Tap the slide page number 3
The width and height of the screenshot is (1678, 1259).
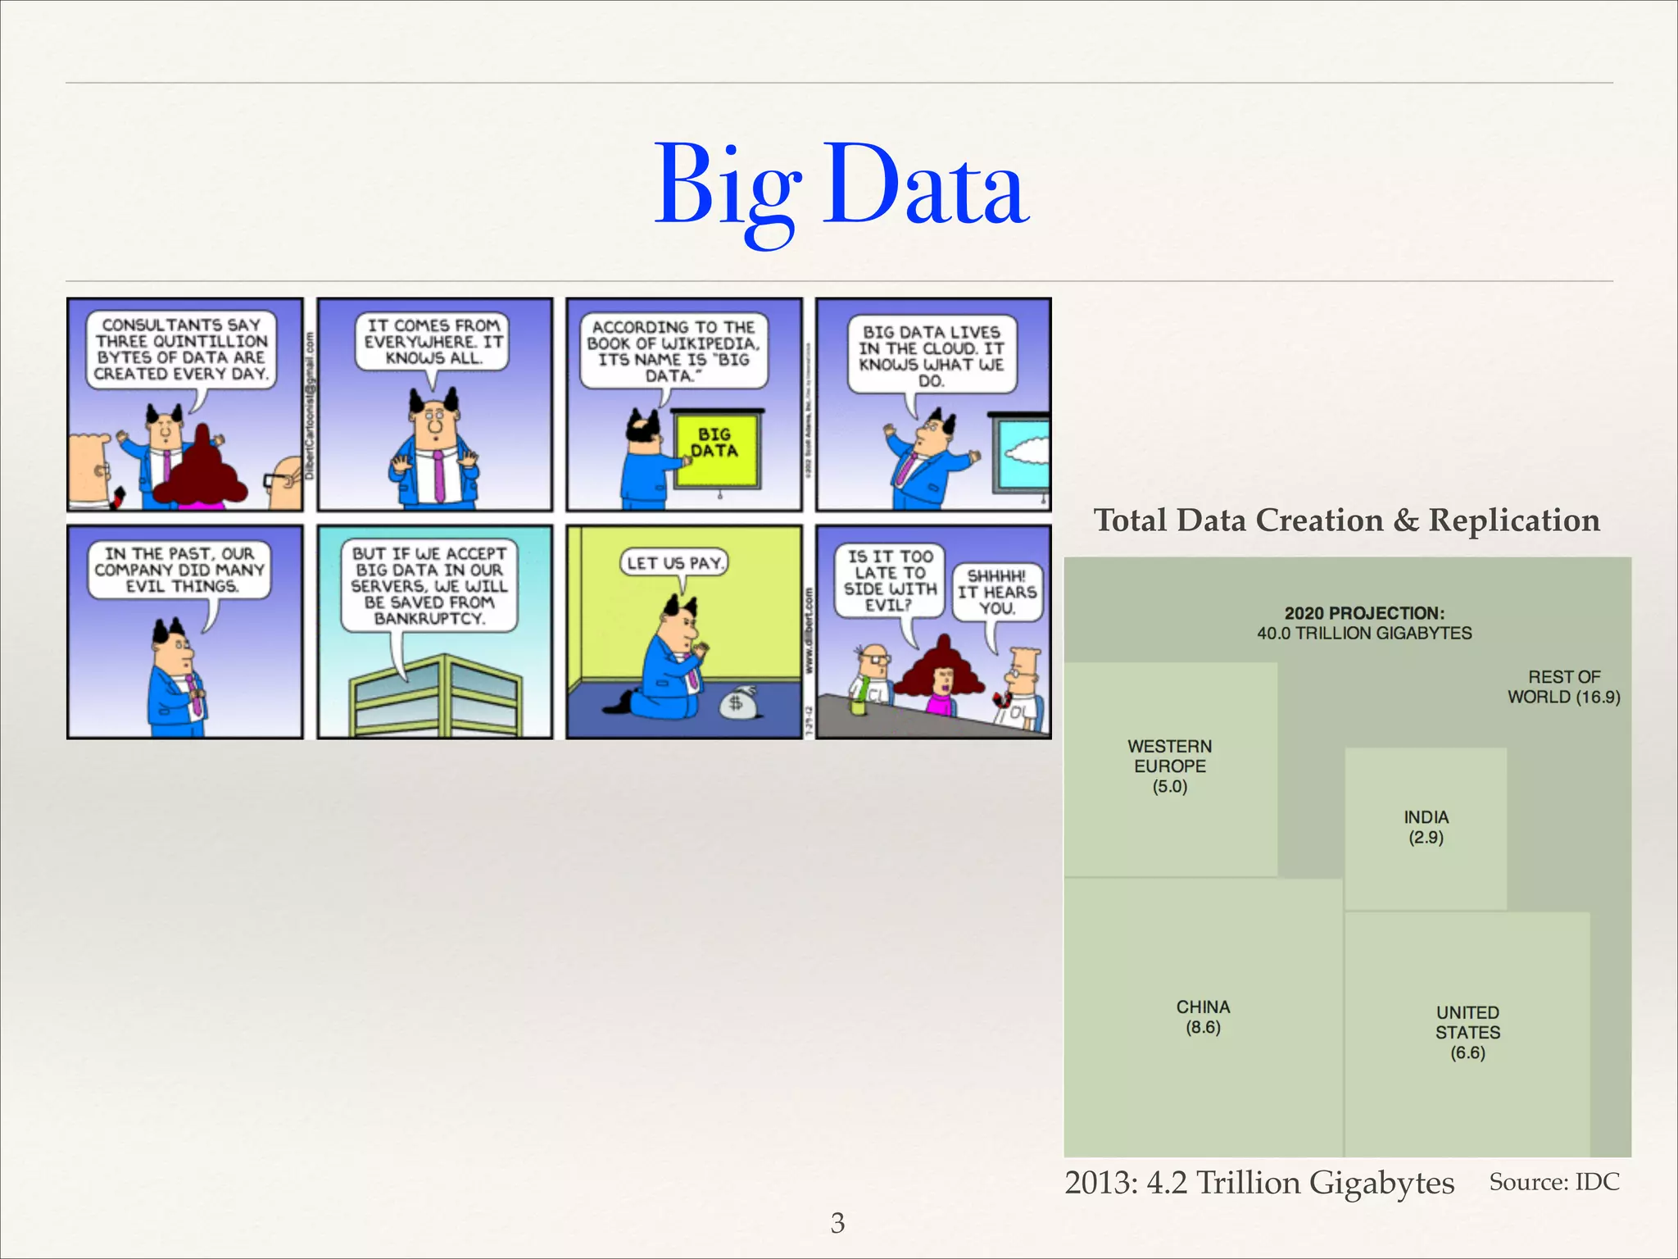tap(837, 1222)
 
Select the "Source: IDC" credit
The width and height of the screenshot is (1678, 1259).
tap(1553, 1182)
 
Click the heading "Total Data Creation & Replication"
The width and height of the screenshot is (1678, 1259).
tap(1346, 520)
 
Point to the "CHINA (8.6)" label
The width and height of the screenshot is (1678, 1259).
tap(1203, 1016)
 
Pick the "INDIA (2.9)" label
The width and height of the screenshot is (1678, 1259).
tap(1426, 827)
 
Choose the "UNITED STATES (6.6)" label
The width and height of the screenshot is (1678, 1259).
tap(1467, 1032)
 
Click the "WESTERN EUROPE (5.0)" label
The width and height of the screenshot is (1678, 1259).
tap(1169, 766)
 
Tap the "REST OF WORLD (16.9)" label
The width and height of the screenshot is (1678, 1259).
tap(1563, 687)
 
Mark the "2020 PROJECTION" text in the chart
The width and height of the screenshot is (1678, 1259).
tap(1364, 613)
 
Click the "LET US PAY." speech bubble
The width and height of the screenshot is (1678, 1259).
tap(674, 563)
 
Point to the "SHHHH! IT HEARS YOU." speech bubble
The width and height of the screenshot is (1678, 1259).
tap(997, 592)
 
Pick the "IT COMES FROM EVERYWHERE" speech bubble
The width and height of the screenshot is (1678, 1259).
tap(433, 342)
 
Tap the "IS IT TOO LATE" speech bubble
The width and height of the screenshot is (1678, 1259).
tap(889, 580)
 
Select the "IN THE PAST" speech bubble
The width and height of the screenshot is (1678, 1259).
tap(179, 570)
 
